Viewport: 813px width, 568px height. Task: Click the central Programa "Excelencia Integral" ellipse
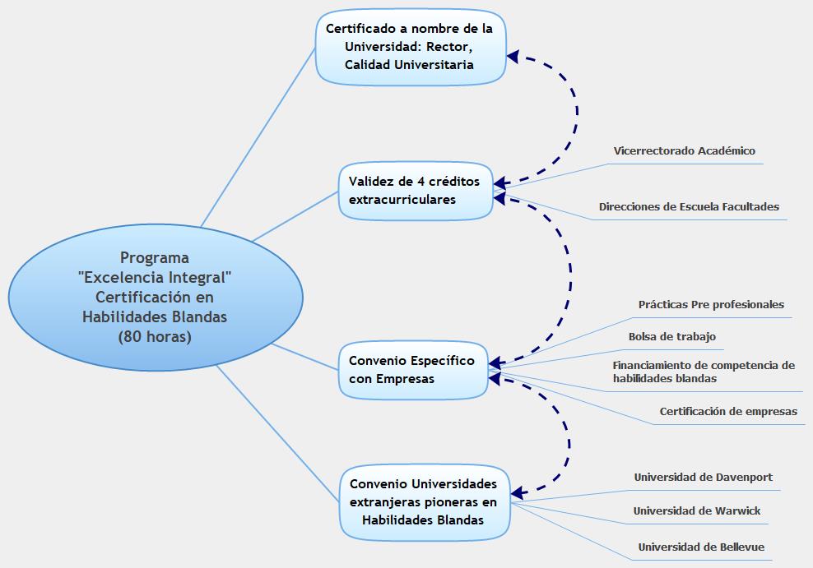pos(154,297)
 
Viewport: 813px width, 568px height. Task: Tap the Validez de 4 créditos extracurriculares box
pos(415,191)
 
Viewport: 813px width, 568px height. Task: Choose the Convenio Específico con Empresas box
pos(412,370)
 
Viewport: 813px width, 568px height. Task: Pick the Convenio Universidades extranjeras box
pos(423,501)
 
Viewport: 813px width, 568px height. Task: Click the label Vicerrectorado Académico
pos(684,151)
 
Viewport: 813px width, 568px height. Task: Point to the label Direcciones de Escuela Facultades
pos(689,207)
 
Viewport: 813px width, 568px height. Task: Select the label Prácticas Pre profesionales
pos(711,305)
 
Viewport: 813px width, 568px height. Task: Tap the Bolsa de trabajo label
pos(671,337)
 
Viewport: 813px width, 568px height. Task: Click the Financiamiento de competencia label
pos(703,372)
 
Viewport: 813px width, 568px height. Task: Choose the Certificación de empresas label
pos(727,412)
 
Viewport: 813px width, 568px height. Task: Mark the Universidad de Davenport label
pos(703,478)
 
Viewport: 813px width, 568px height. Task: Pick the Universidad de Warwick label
pos(696,511)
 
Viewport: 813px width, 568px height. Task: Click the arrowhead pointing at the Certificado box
pos(513,57)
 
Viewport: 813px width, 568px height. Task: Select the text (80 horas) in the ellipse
pos(154,336)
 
